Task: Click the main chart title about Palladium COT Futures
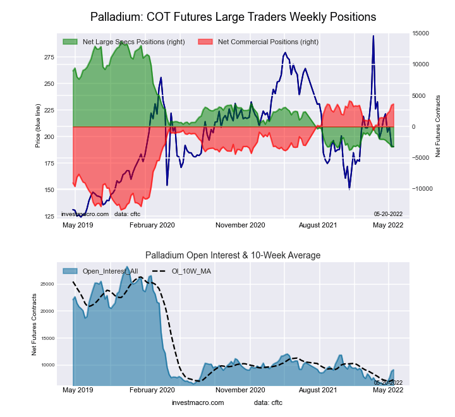point(233,16)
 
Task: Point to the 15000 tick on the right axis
point(422,33)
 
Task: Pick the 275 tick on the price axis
point(49,57)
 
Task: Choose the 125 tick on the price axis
point(49,217)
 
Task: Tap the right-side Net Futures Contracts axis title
point(438,126)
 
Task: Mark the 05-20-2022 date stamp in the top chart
point(387,214)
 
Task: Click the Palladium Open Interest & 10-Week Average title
point(233,255)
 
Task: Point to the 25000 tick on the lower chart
point(47,284)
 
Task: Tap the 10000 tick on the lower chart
point(47,365)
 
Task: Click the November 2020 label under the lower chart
point(240,391)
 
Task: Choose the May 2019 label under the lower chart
point(78,391)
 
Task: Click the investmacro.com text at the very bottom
point(198,403)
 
